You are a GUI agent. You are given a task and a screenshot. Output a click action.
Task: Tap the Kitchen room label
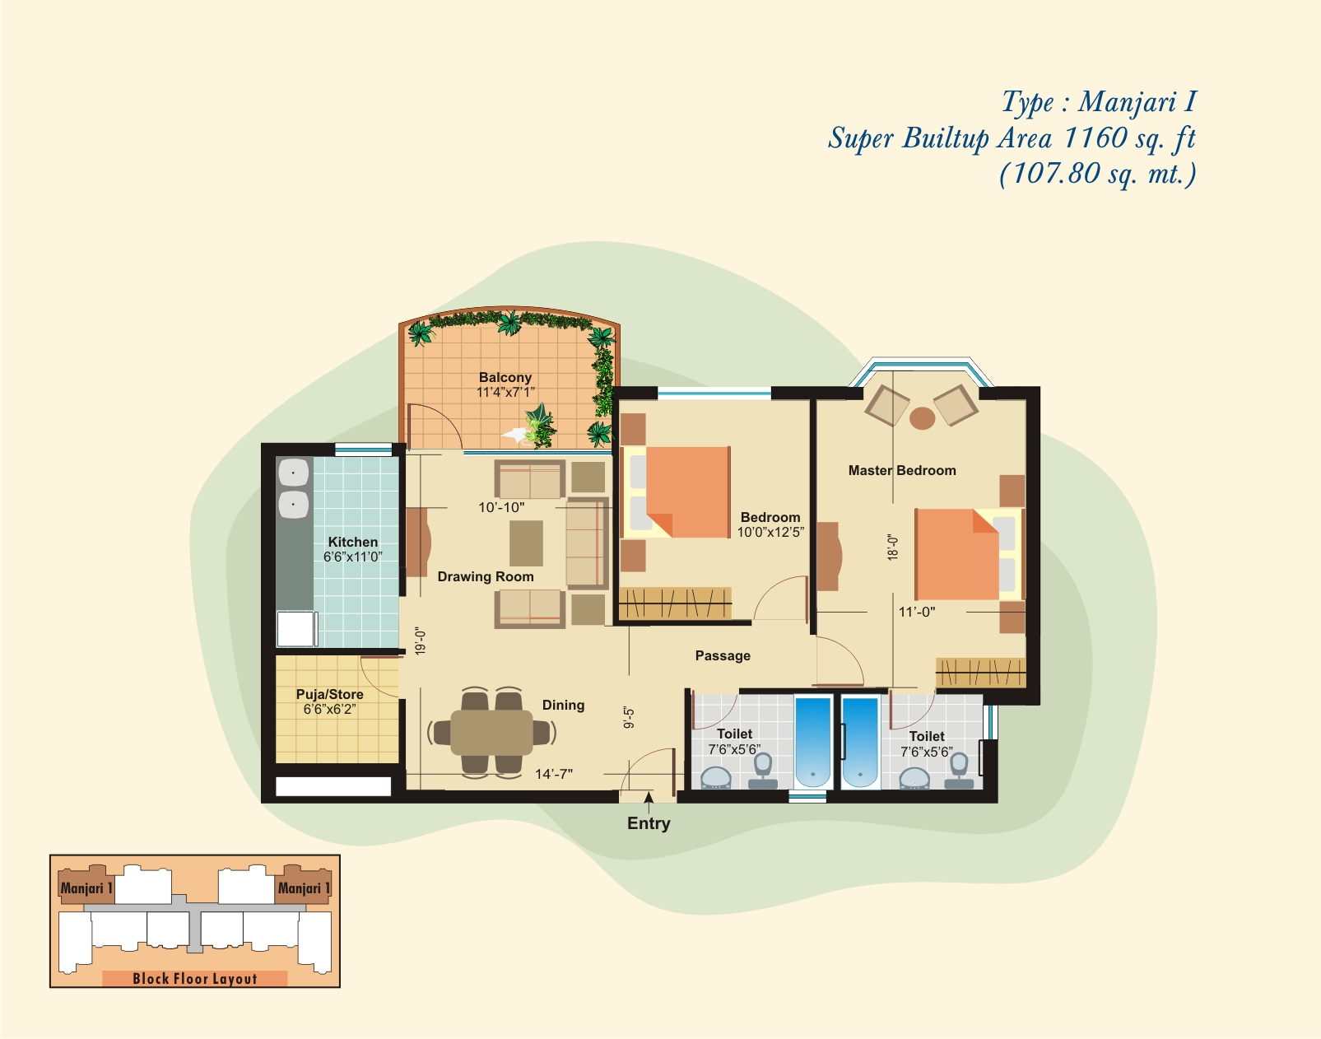coord(353,543)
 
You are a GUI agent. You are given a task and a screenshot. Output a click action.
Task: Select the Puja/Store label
coord(330,695)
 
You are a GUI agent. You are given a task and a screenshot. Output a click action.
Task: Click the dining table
coord(491,733)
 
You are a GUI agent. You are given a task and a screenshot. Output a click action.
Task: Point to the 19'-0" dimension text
coord(420,641)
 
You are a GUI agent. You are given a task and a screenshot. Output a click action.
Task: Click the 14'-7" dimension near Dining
coord(554,774)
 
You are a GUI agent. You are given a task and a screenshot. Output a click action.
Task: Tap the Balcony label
coord(505,378)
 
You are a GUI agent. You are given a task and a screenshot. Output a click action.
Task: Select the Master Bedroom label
coord(902,470)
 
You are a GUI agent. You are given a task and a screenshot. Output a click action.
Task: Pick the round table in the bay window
coord(922,419)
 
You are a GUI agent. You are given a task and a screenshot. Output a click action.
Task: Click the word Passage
coord(723,656)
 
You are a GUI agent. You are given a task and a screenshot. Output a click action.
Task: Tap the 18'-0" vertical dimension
coord(892,547)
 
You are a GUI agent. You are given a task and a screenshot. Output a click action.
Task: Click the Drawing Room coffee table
coord(526,543)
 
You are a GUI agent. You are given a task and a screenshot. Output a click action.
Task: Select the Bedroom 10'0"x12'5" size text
coord(770,533)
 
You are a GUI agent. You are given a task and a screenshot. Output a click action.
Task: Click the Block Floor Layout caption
coord(194,979)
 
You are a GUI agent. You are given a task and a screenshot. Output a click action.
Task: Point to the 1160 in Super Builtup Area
coord(1095,137)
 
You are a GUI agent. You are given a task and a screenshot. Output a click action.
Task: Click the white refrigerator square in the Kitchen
coord(295,629)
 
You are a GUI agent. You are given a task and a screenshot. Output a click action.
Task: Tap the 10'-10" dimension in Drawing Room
coord(501,507)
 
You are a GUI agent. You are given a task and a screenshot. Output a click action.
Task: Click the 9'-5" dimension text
coord(629,718)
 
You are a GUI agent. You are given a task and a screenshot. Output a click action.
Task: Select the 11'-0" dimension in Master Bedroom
coord(917,612)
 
